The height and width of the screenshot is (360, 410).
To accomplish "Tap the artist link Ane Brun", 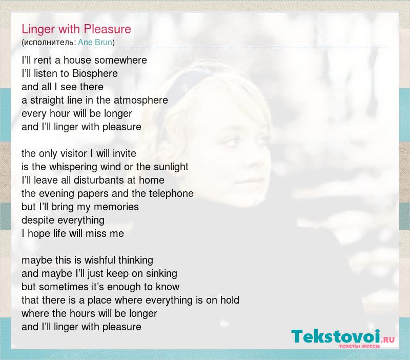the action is (95, 42).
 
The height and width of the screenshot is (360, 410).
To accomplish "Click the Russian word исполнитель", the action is (49, 43).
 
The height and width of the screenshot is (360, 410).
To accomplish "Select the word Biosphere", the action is (95, 73).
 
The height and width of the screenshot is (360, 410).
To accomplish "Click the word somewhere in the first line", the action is (120, 60).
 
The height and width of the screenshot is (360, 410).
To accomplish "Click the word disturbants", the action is (99, 181).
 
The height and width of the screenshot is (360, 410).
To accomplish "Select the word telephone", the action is (171, 194).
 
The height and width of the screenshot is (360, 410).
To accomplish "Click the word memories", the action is (116, 207).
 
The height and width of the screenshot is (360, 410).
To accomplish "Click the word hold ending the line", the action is (230, 301).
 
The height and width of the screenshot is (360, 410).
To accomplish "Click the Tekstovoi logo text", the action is (335, 336).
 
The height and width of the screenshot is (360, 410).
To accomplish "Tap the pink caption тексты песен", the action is (359, 346).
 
